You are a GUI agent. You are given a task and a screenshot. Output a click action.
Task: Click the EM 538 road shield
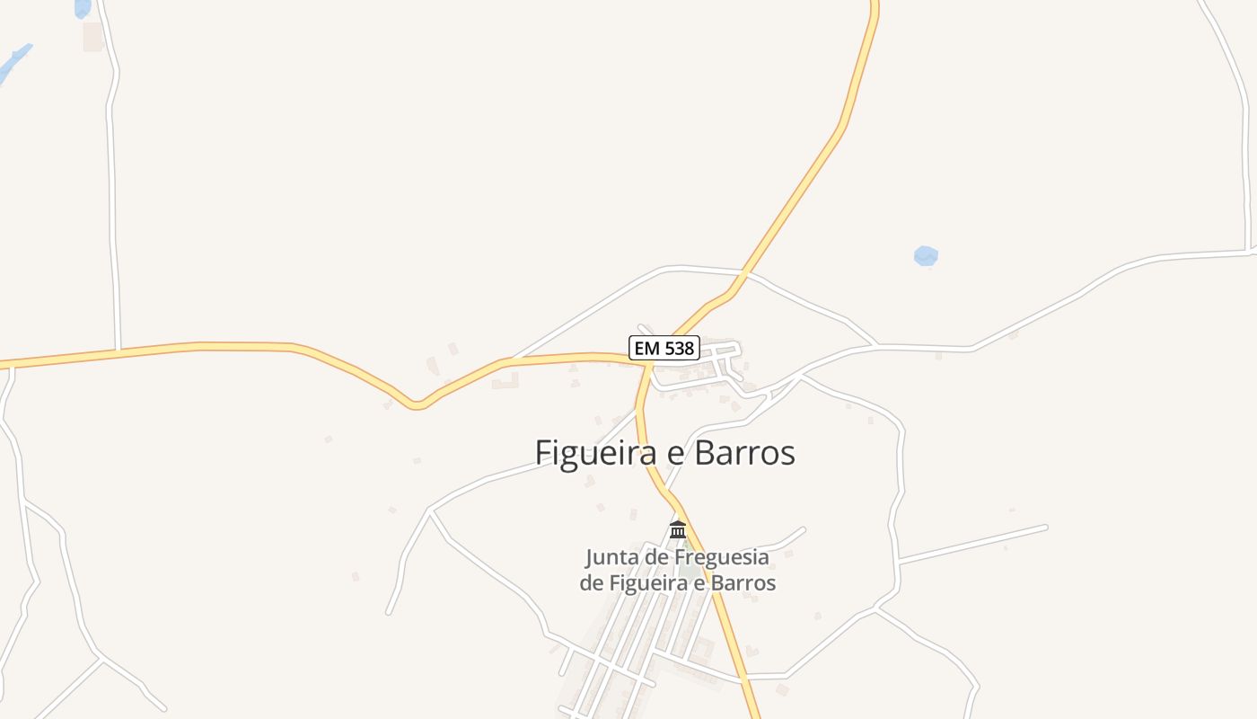[x=664, y=348]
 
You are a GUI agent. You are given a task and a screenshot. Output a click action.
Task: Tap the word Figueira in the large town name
[x=597, y=453]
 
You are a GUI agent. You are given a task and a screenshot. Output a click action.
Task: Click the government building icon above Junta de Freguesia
[x=678, y=529]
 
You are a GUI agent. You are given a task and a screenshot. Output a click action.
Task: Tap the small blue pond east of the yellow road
[x=926, y=256]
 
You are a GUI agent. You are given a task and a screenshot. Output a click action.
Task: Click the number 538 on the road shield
[x=679, y=348]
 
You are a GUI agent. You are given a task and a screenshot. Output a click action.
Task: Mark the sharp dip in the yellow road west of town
[x=416, y=405]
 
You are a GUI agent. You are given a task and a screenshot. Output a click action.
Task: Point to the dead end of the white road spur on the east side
[x=1046, y=527]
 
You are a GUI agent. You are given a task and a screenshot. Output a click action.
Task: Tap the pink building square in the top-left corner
[x=92, y=37]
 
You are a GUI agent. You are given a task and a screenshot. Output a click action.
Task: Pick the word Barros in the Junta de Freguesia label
[x=743, y=582]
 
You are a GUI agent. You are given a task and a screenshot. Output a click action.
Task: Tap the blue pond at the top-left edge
[x=83, y=8]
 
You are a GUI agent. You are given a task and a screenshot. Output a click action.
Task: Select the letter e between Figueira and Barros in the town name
[x=672, y=453]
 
